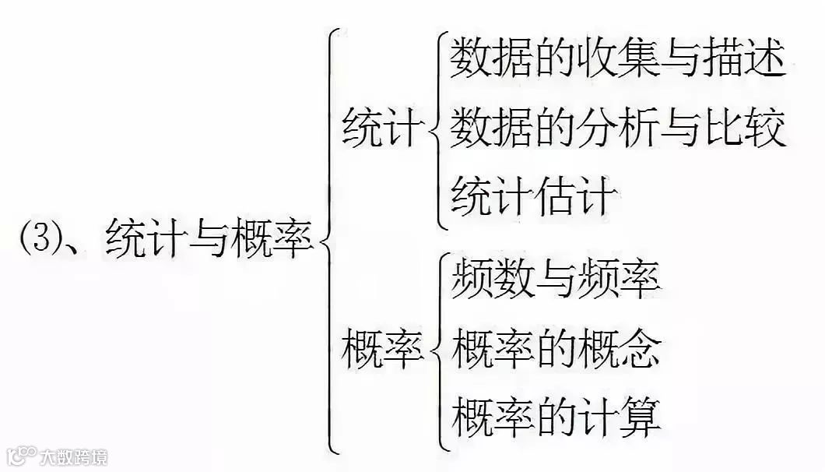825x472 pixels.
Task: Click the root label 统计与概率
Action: [x=209, y=238]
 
